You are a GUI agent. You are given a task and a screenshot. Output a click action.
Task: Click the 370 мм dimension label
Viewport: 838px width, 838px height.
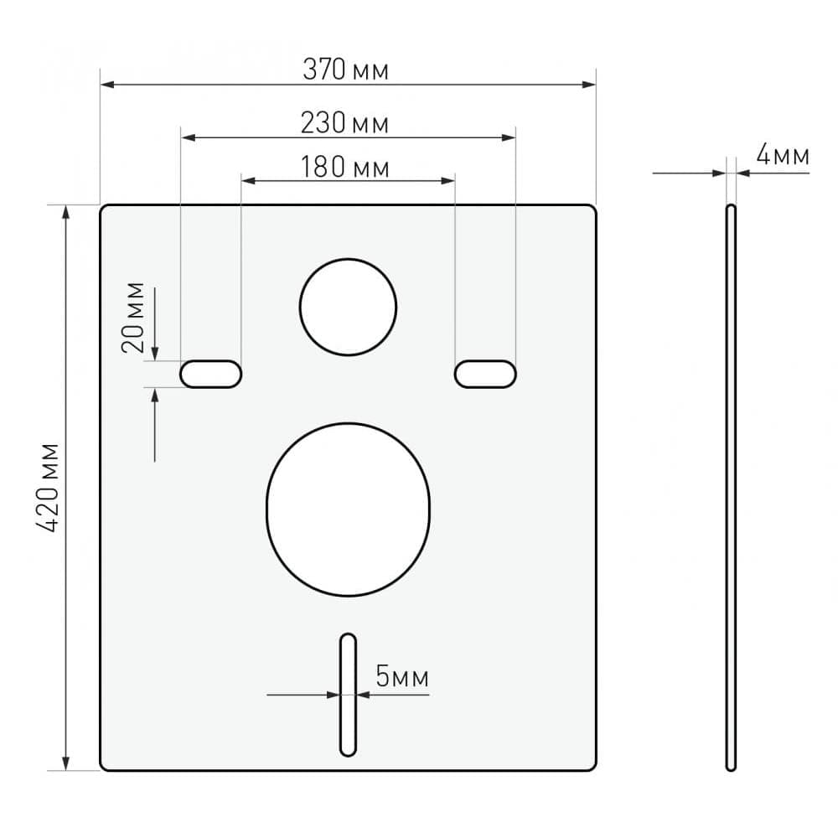345,70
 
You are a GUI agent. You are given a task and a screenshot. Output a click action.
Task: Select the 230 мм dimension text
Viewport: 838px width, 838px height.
345,124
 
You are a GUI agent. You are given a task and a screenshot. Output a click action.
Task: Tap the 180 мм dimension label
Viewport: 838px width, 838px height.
345,168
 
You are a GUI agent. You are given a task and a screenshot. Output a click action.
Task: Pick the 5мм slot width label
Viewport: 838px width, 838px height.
401,677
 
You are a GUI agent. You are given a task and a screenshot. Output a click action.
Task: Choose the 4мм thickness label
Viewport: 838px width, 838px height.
782,155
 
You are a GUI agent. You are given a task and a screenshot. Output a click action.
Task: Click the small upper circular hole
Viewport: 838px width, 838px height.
348,307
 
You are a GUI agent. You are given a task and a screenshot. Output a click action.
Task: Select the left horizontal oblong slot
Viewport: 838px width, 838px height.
211,374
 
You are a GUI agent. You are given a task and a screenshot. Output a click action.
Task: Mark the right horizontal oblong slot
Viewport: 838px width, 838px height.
485,374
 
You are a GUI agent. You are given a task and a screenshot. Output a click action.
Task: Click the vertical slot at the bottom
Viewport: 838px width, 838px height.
348,695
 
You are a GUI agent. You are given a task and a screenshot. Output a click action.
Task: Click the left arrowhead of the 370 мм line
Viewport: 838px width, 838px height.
107,84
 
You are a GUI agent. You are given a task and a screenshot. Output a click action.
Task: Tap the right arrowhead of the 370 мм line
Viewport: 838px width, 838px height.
589,84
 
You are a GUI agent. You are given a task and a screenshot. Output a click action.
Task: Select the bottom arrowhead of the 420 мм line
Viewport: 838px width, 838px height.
66,763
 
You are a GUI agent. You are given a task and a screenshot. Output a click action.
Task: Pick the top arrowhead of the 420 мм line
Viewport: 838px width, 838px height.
66,212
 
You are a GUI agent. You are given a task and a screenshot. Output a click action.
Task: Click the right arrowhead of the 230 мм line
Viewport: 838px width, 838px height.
509,137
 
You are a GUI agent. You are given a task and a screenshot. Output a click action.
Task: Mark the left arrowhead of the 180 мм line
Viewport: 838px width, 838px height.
248,180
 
